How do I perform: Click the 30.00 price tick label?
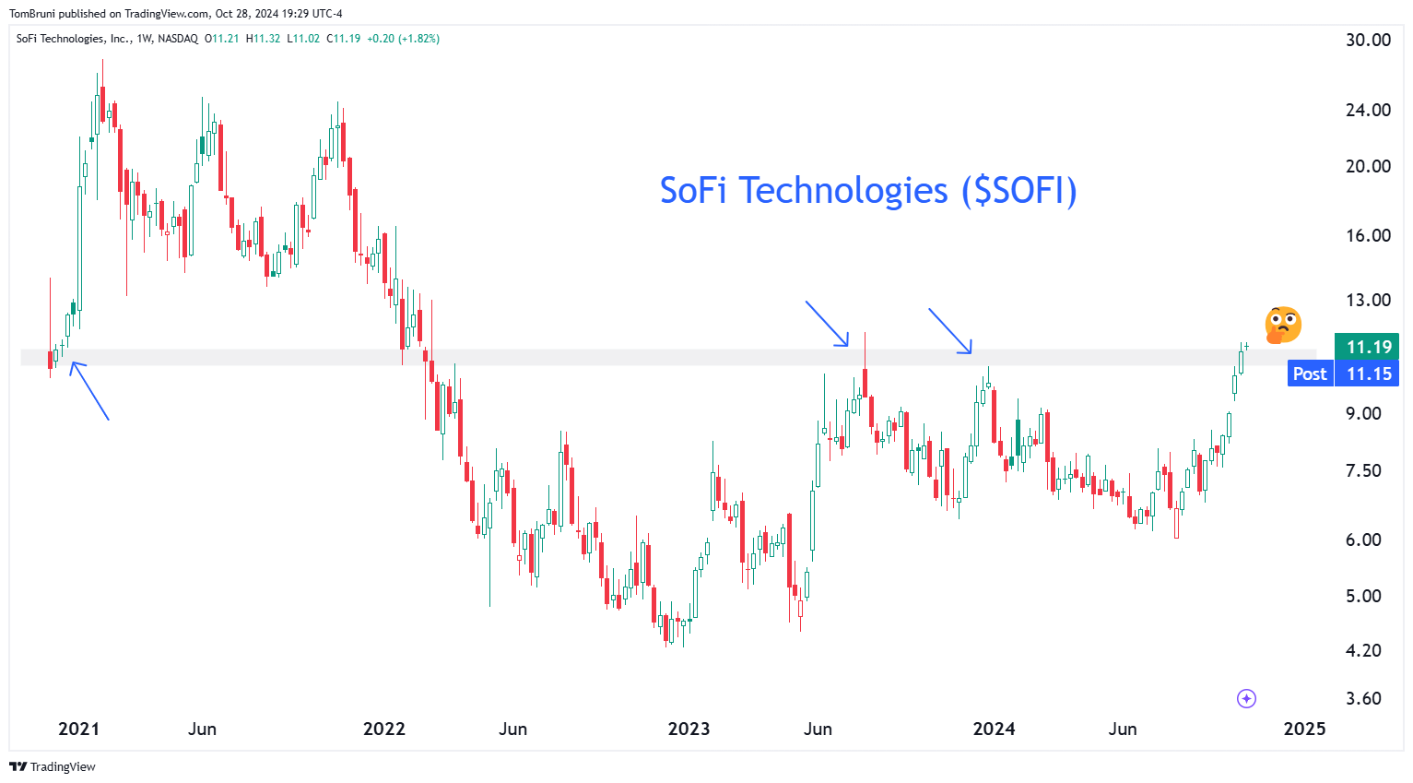(x=1368, y=40)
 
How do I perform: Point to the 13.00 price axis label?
(x=1368, y=300)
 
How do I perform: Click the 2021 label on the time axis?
(x=78, y=729)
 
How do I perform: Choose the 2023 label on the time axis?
(x=689, y=729)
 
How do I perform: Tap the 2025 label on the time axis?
(x=1304, y=729)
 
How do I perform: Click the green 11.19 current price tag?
(x=1367, y=347)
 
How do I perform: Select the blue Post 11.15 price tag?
(x=1343, y=374)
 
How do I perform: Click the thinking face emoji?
(x=1283, y=325)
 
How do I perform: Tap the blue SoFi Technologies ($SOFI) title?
(x=868, y=191)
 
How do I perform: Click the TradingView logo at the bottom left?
(x=53, y=766)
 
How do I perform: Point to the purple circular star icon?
(x=1246, y=698)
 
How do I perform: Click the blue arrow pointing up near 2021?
(x=89, y=390)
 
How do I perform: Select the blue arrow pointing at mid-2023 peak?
(x=827, y=324)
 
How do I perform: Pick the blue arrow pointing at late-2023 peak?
(x=950, y=331)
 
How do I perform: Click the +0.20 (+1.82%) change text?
(x=403, y=39)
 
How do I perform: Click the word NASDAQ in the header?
(x=178, y=39)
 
